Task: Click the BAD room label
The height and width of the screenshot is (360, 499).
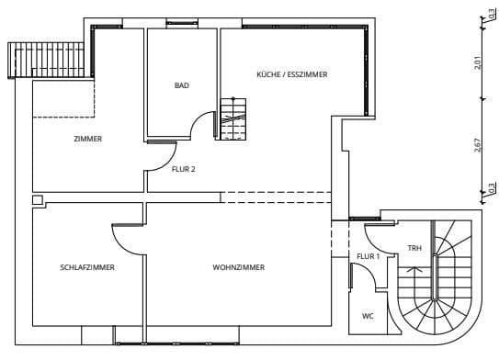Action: (x=182, y=85)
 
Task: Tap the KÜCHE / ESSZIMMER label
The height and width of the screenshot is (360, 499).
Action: (x=292, y=73)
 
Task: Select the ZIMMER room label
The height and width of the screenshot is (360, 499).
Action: (x=88, y=139)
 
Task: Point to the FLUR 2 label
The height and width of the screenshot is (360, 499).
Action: (x=184, y=169)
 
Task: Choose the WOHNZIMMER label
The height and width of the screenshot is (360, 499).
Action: (x=238, y=267)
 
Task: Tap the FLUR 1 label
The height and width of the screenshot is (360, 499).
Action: (x=368, y=256)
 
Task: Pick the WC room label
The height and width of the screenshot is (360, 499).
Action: (x=368, y=316)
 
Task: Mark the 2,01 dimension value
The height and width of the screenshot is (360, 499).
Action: (x=491, y=62)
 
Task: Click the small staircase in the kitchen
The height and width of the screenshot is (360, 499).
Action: (x=232, y=119)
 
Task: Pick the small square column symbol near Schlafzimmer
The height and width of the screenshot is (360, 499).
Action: (x=36, y=199)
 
